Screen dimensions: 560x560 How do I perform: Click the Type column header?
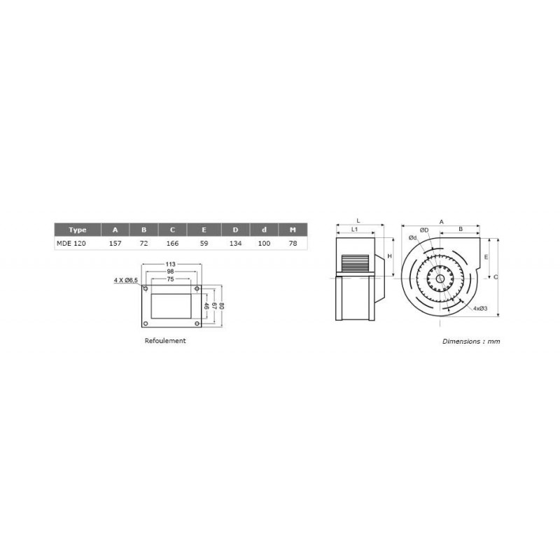coord(78,230)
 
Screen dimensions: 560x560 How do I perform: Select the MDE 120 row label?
coord(71,244)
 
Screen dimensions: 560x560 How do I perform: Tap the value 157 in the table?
coord(115,244)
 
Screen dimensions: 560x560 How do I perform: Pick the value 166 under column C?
coord(172,244)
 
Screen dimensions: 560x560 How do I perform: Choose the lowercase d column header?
coord(263,230)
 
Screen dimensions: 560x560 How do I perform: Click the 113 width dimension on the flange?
coord(170,265)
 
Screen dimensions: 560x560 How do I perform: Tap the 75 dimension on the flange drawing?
coord(170,279)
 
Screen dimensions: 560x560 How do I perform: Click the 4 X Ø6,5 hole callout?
coord(126,280)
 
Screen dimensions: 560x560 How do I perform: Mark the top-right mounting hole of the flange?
coord(197,288)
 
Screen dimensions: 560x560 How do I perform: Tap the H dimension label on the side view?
coord(390,257)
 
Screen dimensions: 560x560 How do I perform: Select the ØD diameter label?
coord(424,230)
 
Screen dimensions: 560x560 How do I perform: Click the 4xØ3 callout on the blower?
coord(479,308)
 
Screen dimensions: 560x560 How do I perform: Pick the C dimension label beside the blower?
coord(496,277)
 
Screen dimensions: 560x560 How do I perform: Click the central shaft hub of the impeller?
coord(439,281)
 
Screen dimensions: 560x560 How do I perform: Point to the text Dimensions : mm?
coord(471,342)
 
